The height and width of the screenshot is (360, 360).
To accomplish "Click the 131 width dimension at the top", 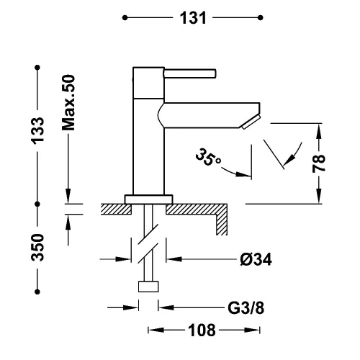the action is (x=193, y=18).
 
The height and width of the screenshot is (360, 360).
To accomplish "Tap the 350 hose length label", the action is (x=38, y=248).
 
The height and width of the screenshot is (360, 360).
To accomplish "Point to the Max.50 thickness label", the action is (x=68, y=103).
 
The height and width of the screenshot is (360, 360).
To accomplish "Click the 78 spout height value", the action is (x=319, y=163).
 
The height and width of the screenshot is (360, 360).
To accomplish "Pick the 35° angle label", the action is (x=208, y=158).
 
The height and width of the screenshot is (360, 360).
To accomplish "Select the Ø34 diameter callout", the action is (x=256, y=259).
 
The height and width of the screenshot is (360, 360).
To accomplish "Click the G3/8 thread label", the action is (x=246, y=308).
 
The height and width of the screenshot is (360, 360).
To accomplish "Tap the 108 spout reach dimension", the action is (x=202, y=330).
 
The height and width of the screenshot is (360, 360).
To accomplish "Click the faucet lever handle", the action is (x=190, y=73).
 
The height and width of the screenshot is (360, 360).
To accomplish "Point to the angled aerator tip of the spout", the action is (x=251, y=122).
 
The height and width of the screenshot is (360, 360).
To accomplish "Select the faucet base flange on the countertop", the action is (x=148, y=199).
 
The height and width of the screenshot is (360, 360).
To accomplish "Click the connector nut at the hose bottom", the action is (x=148, y=287).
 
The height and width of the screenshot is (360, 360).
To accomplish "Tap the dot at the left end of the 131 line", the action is (x=125, y=18).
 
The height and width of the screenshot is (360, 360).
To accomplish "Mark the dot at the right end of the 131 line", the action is (x=261, y=18).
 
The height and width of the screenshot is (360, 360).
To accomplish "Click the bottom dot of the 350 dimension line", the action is (x=37, y=292).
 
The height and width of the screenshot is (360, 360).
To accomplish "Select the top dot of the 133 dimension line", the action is (x=37, y=68).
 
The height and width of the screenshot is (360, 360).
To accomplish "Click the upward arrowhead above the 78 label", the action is (x=319, y=131).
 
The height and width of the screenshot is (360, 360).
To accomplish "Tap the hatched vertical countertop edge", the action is (x=222, y=224).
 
